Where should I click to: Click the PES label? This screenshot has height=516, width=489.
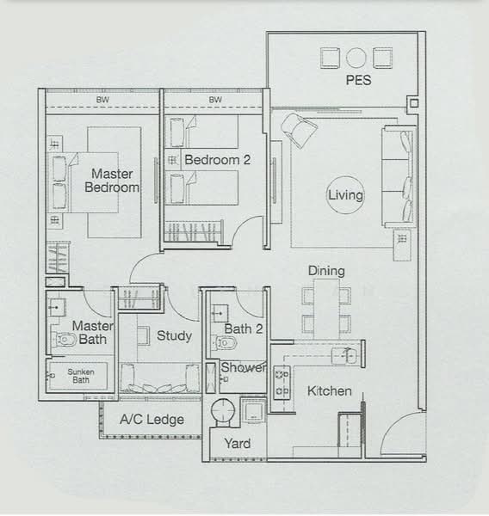pyautogui.click(x=358, y=80)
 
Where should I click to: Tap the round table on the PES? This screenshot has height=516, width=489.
pyautogui.click(x=356, y=58)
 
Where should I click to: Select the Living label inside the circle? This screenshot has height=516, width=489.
pyautogui.click(x=345, y=195)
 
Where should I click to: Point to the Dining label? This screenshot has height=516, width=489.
pyautogui.click(x=326, y=271)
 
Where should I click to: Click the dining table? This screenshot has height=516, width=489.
pyautogui.click(x=326, y=309)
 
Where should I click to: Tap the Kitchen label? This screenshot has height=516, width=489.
pyautogui.click(x=330, y=391)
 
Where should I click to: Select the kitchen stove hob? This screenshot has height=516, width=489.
pyautogui.click(x=282, y=383)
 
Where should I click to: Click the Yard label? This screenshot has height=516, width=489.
pyautogui.click(x=238, y=443)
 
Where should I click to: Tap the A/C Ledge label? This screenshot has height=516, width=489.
pyautogui.click(x=152, y=420)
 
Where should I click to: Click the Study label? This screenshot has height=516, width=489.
pyautogui.click(x=174, y=335)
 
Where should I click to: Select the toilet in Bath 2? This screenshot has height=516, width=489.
pyautogui.click(x=226, y=343)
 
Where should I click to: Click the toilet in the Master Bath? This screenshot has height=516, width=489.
pyautogui.click(x=65, y=340)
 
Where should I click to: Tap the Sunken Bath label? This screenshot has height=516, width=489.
pyautogui.click(x=81, y=376)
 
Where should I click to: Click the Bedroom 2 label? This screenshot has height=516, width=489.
pyautogui.click(x=218, y=160)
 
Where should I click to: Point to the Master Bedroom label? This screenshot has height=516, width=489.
pyautogui.click(x=112, y=181)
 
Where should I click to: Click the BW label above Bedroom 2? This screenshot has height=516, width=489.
pyautogui.click(x=215, y=100)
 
